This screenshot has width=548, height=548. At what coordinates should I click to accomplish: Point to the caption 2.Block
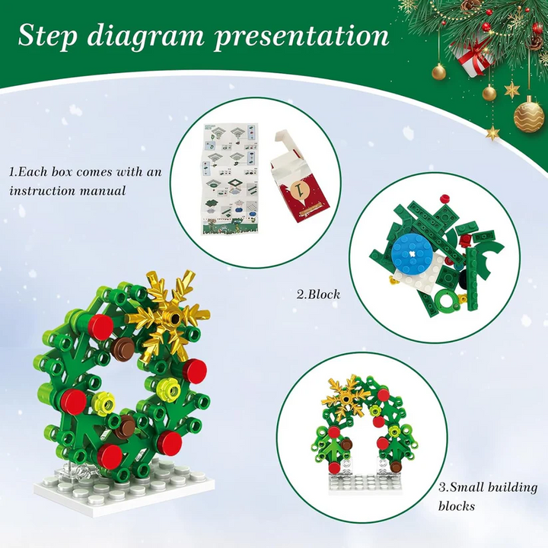tap(318, 294)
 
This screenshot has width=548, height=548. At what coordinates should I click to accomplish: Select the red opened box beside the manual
tap(300, 177)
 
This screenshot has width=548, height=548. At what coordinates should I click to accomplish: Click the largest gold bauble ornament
tap(529, 115)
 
